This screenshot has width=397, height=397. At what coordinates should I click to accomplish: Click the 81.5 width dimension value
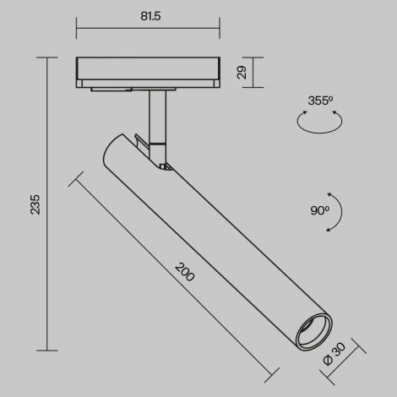pyautogui.click(x=148, y=14)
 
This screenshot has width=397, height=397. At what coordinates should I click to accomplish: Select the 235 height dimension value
pyautogui.click(x=34, y=204)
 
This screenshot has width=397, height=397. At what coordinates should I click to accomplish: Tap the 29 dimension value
pyautogui.click(x=242, y=73)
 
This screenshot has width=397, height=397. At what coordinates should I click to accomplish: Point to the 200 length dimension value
pyautogui.click(x=183, y=272)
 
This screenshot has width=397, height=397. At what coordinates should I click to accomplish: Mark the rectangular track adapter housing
pyautogui.click(x=148, y=71)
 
